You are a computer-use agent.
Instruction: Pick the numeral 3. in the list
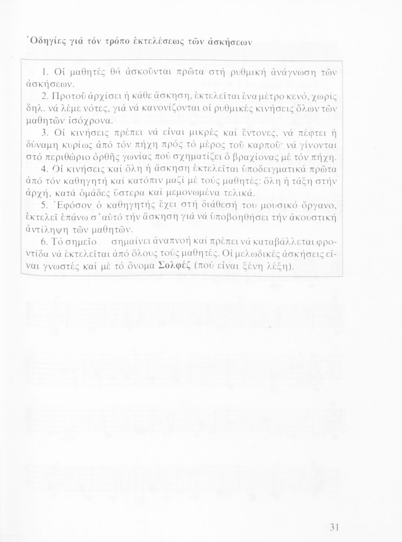click(45, 133)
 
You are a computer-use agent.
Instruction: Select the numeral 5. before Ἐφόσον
click(45, 206)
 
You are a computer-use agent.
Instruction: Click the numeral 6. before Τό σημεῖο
click(45, 242)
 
